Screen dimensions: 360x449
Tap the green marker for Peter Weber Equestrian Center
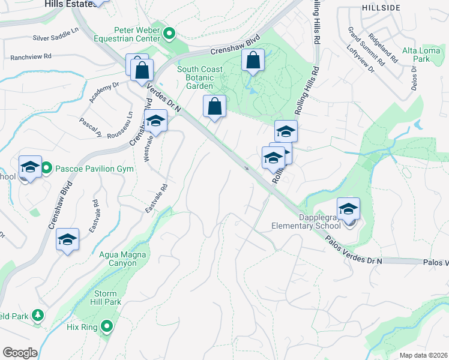click(169, 34)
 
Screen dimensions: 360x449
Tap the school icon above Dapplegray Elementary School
click(348, 209)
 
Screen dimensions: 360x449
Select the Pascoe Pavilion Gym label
click(94, 169)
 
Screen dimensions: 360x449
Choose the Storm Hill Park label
click(107, 298)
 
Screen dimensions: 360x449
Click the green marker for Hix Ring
click(107, 326)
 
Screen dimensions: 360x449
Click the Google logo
click(20, 353)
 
